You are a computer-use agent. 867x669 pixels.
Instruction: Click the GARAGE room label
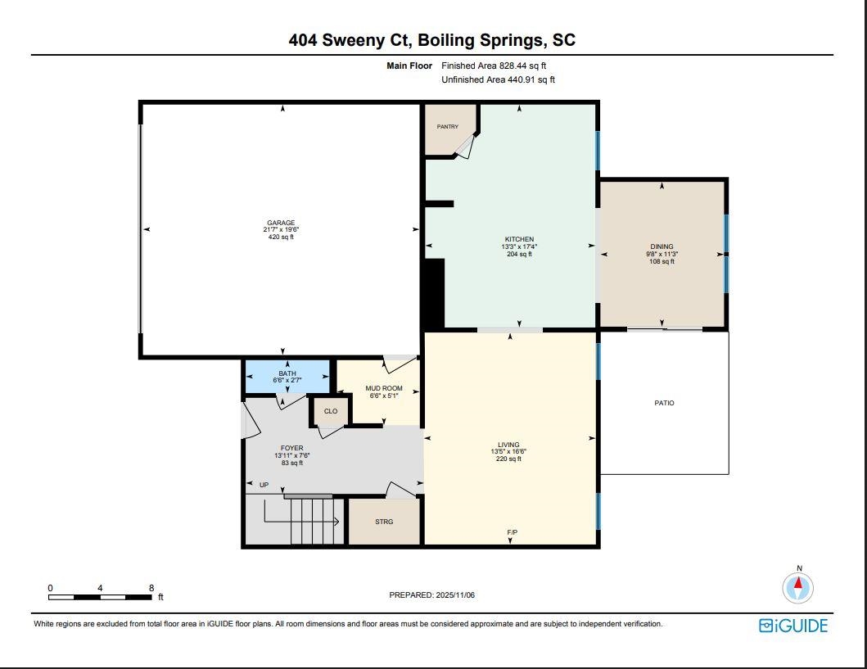pos(281,223)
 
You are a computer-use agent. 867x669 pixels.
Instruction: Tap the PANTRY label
pos(447,127)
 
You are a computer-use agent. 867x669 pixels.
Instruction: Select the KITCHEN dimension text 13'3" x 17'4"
pos(519,246)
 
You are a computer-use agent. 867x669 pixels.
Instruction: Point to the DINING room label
pos(662,246)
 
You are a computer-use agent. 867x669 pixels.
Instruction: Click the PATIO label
pos(664,403)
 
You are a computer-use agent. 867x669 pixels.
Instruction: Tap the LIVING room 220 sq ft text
pos(508,459)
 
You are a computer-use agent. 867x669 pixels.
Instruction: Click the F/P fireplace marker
pos(513,532)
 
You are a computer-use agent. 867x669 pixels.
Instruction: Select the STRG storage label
pos(384,522)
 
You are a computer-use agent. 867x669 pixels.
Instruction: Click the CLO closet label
pos(331,411)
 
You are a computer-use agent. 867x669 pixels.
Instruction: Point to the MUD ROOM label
pos(384,388)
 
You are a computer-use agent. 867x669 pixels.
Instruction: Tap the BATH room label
pos(287,373)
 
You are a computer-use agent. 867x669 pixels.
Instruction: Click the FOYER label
pos(292,449)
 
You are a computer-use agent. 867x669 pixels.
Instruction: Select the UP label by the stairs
pos(264,485)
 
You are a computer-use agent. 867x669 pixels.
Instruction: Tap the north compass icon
pos(798,588)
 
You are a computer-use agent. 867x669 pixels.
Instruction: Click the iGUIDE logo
pos(793,626)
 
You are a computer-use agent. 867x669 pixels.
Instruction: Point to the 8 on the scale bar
pos(151,588)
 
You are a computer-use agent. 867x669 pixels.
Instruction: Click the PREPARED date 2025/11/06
pos(455,595)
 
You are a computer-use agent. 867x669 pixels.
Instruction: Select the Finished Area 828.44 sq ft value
pos(522,66)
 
